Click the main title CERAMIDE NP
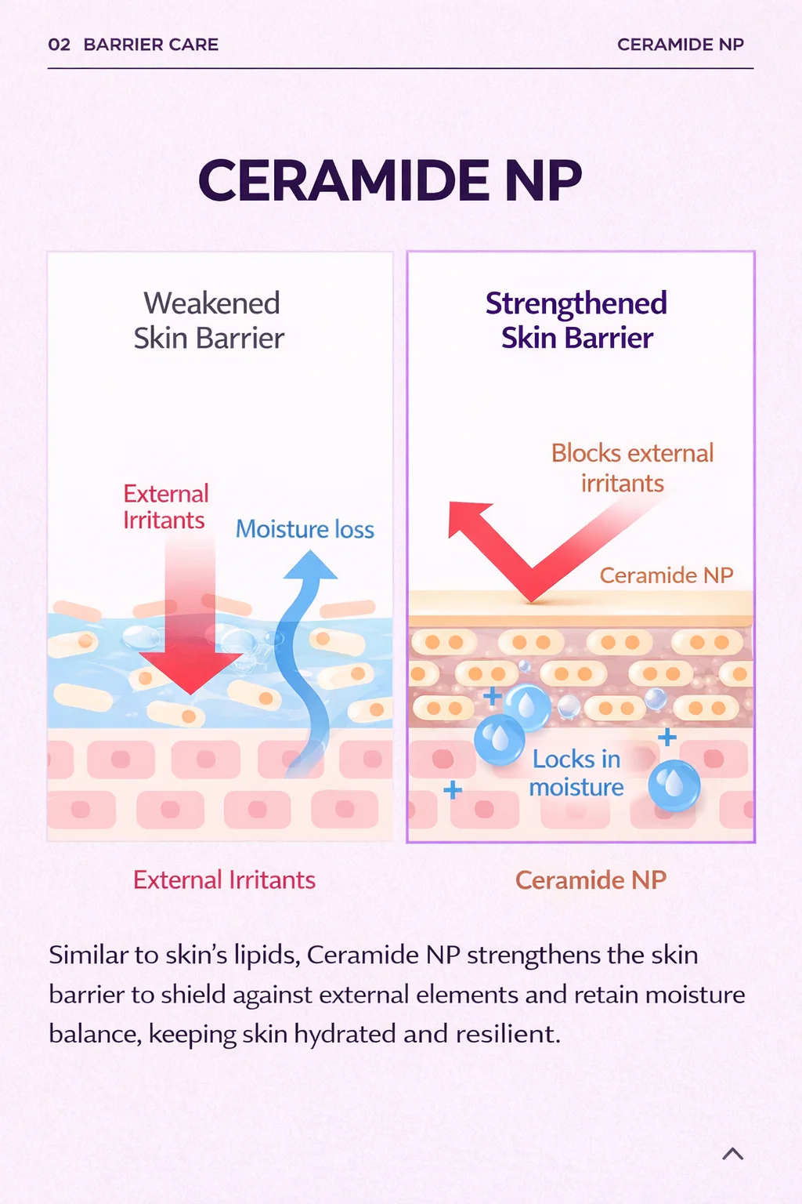(390, 180)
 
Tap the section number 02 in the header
(59, 45)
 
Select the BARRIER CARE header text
(151, 45)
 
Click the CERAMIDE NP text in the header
(680, 45)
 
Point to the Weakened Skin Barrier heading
(209, 321)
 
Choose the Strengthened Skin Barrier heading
(576, 321)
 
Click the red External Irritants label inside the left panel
(165, 507)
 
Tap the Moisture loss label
(305, 529)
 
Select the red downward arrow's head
(190, 672)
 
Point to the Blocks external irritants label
(632, 468)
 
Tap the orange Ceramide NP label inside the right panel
(666, 575)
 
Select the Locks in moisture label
(576, 774)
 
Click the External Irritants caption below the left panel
(224, 880)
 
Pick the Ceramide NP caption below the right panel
(591, 880)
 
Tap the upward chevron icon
(733, 1154)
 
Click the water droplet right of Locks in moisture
(674, 785)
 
